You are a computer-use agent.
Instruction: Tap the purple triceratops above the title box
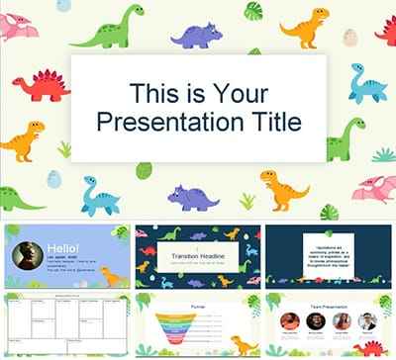[197, 37]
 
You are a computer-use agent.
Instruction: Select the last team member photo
[367, 321]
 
